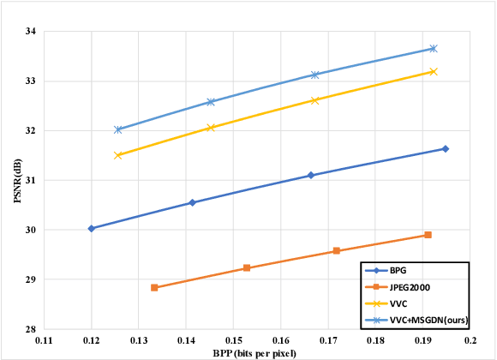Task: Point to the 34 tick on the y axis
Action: [31, 32]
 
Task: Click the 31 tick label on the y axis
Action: [31, 180]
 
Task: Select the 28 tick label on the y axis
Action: [31, 329]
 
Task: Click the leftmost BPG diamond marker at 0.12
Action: [91, 229]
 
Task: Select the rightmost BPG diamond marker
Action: [446, 148]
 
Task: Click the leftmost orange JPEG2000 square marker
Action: [154, 288]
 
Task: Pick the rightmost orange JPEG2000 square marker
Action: [428, 235]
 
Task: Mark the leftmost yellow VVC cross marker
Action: [118, 155]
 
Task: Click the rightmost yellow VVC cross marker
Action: [434, 71]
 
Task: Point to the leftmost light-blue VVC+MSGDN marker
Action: [118, 129]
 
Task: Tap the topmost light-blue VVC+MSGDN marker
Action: [434, 48]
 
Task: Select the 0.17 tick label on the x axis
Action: [328, 340]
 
